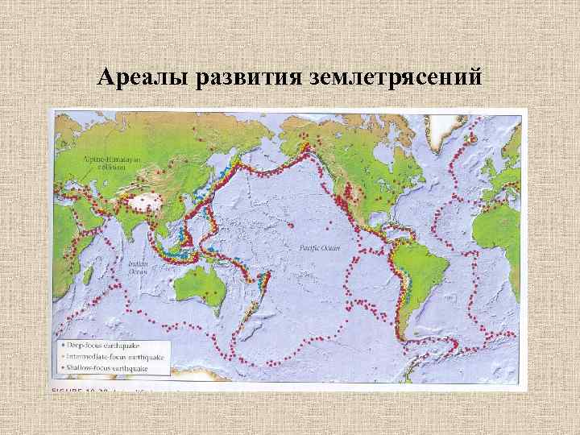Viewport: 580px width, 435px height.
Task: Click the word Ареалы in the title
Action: coord(139,78)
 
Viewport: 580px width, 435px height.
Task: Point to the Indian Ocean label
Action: coord(137,267)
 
